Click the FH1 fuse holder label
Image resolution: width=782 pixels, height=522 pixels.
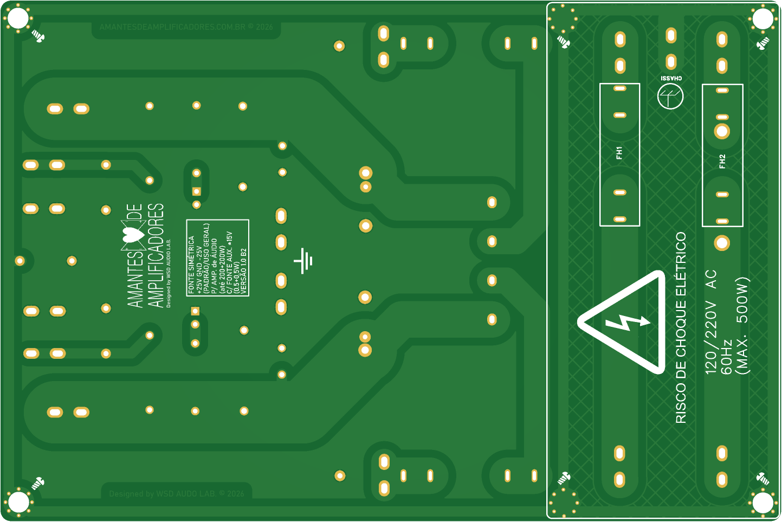tap(619, 153)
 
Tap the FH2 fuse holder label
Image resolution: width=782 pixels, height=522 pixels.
tap(722, 161)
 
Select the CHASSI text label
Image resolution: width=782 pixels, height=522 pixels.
tap(671, 79)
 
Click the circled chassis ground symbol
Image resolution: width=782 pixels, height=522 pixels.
tap(670, 96)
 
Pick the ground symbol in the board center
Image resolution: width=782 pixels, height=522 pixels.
tap(303, 261)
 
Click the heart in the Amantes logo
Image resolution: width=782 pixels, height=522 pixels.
tap(133, 235)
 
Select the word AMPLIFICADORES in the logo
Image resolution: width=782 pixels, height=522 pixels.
tap(156, 255)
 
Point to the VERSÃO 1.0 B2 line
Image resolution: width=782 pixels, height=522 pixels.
tap(244, 271)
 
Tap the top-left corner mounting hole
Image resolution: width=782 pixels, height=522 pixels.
tap(18, 18)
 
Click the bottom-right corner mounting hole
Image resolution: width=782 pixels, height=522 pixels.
tap(762, 502)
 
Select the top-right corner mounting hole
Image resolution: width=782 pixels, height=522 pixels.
tap(762, 19)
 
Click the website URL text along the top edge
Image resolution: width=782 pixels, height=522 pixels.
tap(186, 27)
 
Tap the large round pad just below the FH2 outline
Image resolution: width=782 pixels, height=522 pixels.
tap(722, 243)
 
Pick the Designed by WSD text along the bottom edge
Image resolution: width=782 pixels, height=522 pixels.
tap(176, 494)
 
